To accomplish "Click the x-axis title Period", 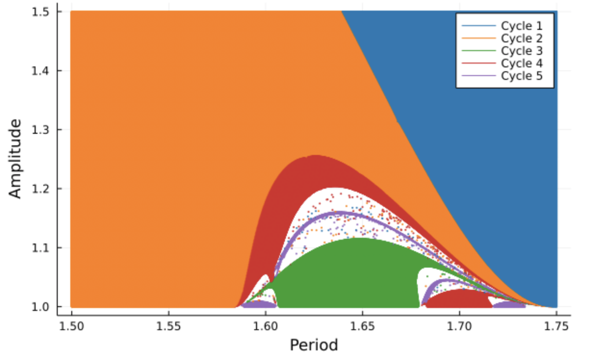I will pos(313,345).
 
